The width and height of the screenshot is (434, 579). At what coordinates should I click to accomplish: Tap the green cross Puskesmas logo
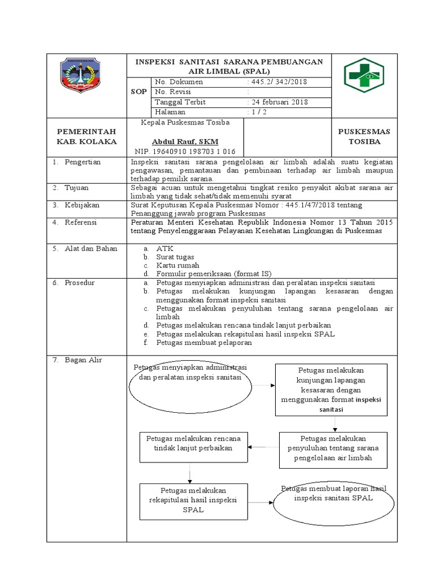point(363,77)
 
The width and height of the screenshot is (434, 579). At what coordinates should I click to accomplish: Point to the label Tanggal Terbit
point(180,102)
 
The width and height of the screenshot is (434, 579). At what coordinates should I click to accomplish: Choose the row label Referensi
point(81,223)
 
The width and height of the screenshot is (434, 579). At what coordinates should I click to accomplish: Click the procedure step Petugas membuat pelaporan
point(204,343)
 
